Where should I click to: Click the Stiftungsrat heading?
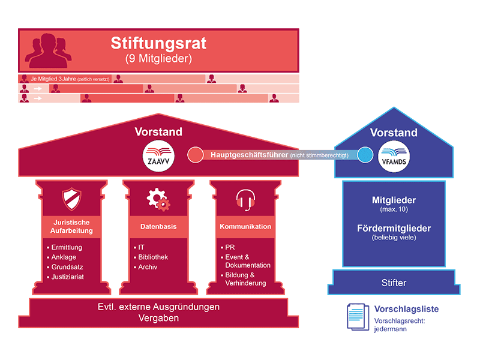(159, 43)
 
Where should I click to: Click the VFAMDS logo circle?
(394, 154)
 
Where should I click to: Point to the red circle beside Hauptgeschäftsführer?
(196, 155)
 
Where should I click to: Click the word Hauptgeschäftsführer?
(248, 155)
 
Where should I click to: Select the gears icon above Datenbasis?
(158, 199)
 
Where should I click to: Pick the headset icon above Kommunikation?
(245, 198)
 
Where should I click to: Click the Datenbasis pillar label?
(158, 227)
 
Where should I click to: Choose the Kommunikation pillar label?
(245, 227)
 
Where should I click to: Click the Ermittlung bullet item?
(67, 247)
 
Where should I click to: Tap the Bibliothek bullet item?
(153, 257)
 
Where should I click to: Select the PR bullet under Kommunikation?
(230, 247)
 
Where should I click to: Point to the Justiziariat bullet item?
(67, 277)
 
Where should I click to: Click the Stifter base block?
(394, 282)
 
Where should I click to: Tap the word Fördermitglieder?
(394, 229)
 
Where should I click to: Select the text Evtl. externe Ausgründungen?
(158, 307)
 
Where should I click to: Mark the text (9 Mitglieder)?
(158, 59)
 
